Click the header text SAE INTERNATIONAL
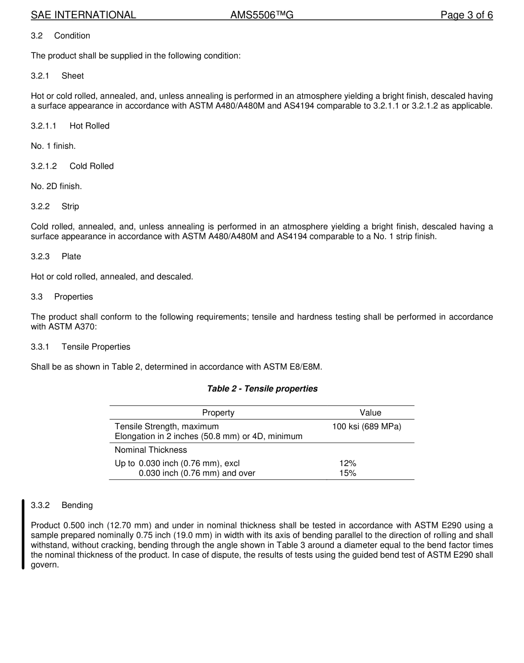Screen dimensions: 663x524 click(83, 15)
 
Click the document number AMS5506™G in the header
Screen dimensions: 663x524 click(261, 15)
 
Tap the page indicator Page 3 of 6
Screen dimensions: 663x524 click(466, 15)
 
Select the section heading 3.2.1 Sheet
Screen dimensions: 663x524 click(57, 76)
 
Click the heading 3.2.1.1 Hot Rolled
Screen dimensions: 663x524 click(70, 126)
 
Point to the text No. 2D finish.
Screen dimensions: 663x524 click(56, 186)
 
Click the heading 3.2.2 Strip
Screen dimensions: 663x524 click(55, 206)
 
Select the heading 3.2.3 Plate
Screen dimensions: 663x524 click(56, 256)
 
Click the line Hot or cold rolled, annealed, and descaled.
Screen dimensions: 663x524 click(112, 276)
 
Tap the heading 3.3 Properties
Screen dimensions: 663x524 click(62, 297)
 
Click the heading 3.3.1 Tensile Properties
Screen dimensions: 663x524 click(81, 347)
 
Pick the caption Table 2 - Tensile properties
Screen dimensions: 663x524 click(262, 389)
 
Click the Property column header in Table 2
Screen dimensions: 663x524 click(218, 413)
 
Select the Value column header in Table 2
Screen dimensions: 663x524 click(370, 413)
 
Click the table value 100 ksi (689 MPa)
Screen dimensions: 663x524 click(366, 426)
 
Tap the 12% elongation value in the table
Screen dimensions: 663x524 click(347, 464)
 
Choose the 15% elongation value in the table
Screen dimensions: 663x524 click(347, 473)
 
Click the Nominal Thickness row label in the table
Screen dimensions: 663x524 click(151, 450)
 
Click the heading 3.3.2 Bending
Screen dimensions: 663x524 click(62, 505)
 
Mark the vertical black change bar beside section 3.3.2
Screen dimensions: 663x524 click(23, 533)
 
